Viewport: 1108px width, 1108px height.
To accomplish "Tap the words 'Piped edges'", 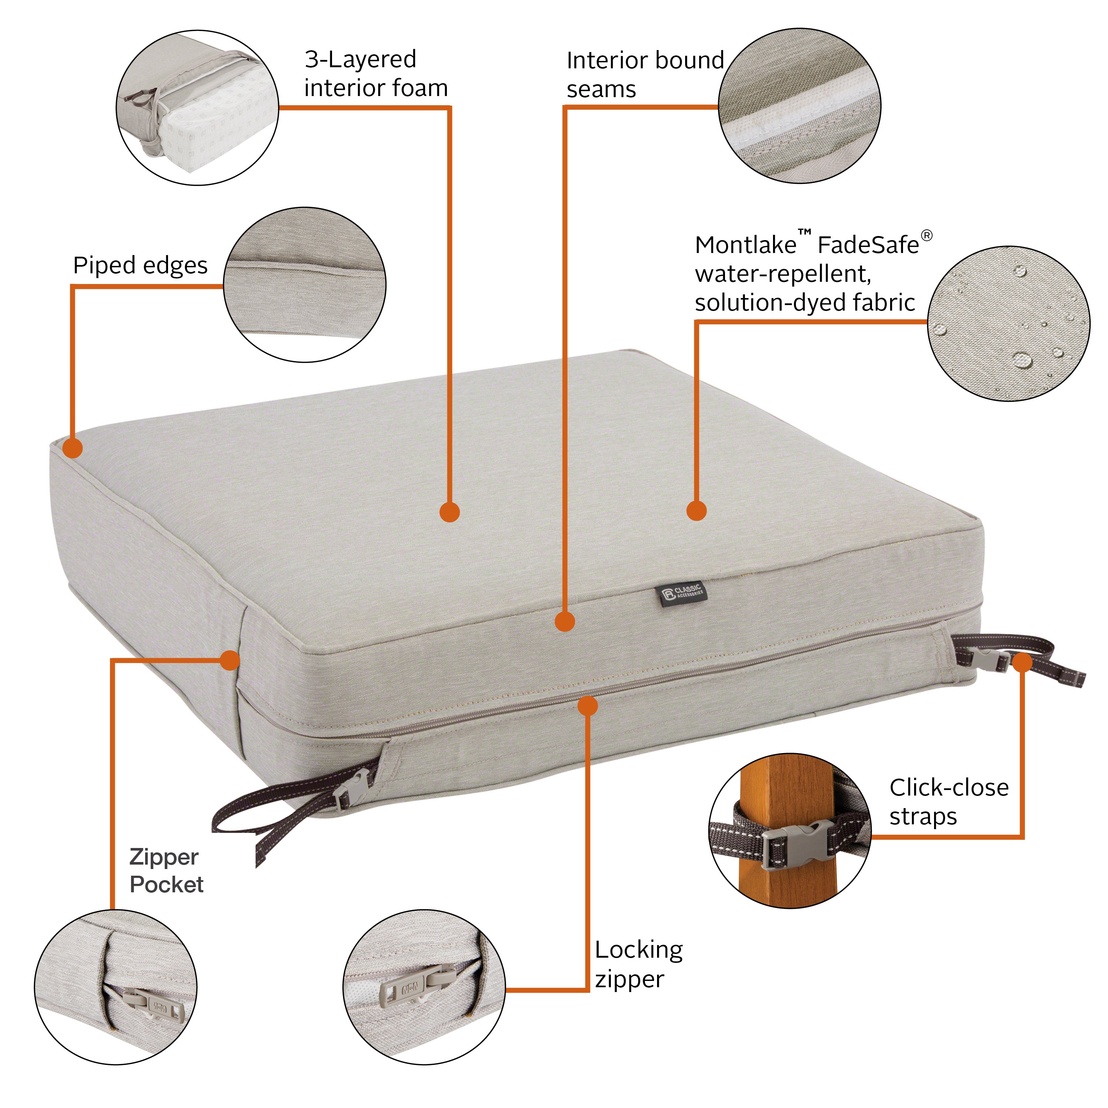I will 140,266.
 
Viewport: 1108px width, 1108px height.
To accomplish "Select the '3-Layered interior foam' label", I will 376,73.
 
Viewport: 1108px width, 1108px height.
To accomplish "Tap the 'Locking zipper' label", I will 638,964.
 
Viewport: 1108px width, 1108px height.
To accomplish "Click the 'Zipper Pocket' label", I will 166,870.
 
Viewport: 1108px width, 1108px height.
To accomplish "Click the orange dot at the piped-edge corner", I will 73,448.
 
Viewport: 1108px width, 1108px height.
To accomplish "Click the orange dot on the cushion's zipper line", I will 587,705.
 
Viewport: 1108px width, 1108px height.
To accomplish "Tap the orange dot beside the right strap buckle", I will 1022,663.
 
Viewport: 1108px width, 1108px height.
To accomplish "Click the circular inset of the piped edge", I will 305,285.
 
